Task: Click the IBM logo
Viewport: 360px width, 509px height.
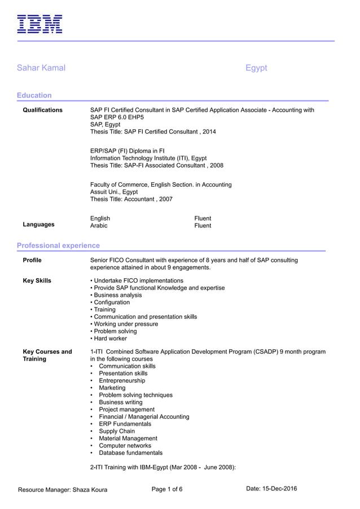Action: click(39, 24)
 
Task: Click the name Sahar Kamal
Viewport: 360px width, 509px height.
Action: click(41, 68)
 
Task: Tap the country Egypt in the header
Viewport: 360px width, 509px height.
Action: click(256, 68)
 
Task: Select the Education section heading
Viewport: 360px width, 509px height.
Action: click(34, 95)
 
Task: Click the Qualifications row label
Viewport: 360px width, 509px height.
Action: click(43, 110)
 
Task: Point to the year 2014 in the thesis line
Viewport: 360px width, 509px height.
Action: click(209, 131)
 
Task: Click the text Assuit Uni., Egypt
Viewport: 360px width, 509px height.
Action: click(114, 192)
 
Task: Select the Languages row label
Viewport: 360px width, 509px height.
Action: click(39, 225)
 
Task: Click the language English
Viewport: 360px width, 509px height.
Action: click(100, 218)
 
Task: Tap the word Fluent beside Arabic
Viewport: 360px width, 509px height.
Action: click(203, 226)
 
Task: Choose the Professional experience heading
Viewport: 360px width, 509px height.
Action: click(58, 245)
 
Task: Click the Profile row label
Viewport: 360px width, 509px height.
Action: click(32, 260)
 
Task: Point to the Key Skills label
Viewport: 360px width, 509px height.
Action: click(37, 280)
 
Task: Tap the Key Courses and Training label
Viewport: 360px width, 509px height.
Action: click(47, 356)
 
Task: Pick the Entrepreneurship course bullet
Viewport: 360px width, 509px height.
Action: click(122, 381)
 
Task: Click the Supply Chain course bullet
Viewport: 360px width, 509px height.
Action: click(117, 431)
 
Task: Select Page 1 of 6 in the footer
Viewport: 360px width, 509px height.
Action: click(167, 489)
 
